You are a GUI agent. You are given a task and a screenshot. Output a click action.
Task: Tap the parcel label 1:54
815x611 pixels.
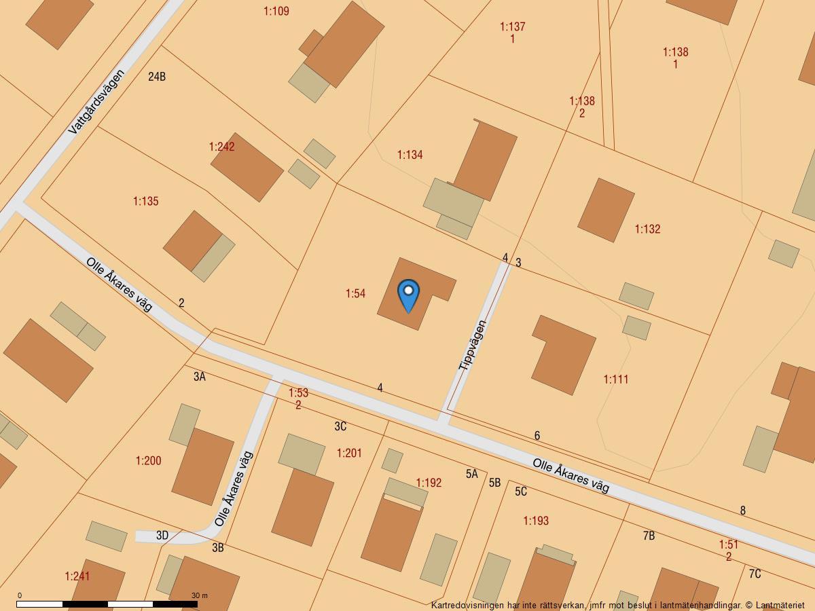coord(355,294)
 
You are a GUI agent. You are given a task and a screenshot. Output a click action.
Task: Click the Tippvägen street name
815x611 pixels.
coord(473,345)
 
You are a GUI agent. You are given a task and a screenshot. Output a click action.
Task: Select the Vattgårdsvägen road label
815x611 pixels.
coord(98,101)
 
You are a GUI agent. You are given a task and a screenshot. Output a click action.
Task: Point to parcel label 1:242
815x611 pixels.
coord(221,147)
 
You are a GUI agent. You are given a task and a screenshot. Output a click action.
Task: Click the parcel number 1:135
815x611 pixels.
coord(145,202)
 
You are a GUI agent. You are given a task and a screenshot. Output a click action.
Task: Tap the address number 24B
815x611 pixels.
coord(157,77)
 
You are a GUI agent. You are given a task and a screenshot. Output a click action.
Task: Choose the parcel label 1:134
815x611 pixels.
coord(410,155)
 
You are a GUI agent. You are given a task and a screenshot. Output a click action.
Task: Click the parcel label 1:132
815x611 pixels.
coord(647,229)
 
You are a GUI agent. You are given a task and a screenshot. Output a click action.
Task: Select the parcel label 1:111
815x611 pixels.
coord(616,379)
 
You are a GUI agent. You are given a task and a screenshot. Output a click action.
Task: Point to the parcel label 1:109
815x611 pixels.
coord(276,12)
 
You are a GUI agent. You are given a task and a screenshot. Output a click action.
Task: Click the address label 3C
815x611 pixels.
coord(340,426)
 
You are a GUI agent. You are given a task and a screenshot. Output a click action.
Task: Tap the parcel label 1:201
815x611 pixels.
coord(349,453)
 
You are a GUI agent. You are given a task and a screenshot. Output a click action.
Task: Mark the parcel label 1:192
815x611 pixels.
coord(429,483)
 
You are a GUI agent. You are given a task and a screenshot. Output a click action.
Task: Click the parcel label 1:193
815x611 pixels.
coord(536,521)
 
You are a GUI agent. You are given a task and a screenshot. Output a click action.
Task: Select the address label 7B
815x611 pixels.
coord(649,536)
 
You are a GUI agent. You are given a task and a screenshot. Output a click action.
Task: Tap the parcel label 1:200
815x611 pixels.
coord(148,461)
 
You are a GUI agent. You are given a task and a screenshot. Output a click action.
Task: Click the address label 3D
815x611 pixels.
coord(162,536)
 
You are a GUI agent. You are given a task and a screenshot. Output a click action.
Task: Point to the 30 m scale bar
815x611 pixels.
coord(107,604)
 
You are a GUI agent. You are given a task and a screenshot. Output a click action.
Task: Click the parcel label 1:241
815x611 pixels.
coord(77,576)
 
